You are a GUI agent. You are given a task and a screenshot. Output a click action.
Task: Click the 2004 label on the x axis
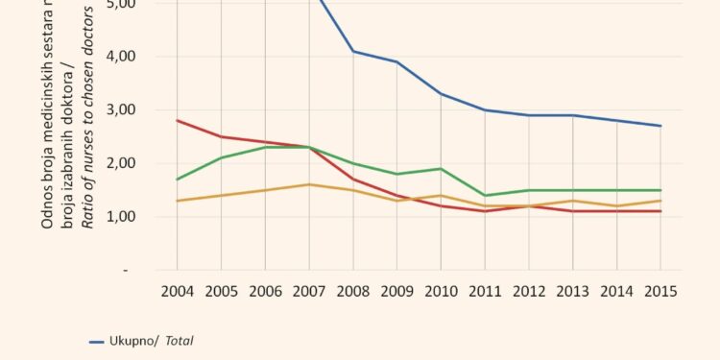[177, 291]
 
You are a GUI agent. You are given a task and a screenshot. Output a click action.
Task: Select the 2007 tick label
[309, 291]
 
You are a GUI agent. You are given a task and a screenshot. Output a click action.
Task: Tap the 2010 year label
[441, 291]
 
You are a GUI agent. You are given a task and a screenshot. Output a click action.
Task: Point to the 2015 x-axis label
[660, 291]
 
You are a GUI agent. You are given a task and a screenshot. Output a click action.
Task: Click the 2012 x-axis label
[529, 291]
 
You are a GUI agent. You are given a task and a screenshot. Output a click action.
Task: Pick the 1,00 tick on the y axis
[133, 217]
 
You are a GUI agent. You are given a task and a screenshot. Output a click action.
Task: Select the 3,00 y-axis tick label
[133, 110]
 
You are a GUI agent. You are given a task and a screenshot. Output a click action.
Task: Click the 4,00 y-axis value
[133, 57]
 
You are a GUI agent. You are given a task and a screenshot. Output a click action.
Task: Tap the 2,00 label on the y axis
[133, 164]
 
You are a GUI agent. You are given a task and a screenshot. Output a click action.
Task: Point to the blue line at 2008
[353, 51]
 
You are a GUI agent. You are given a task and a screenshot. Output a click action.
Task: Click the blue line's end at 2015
[660, 126]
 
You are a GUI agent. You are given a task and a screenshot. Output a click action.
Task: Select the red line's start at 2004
[177, 121]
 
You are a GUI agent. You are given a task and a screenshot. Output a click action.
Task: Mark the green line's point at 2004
[177, 180]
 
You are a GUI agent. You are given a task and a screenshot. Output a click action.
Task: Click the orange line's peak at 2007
[309, 184]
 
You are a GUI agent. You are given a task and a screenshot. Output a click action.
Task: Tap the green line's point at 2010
[441, 169]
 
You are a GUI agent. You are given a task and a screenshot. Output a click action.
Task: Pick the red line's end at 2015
[660, 211]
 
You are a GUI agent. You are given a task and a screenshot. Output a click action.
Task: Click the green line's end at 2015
[660, 190]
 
